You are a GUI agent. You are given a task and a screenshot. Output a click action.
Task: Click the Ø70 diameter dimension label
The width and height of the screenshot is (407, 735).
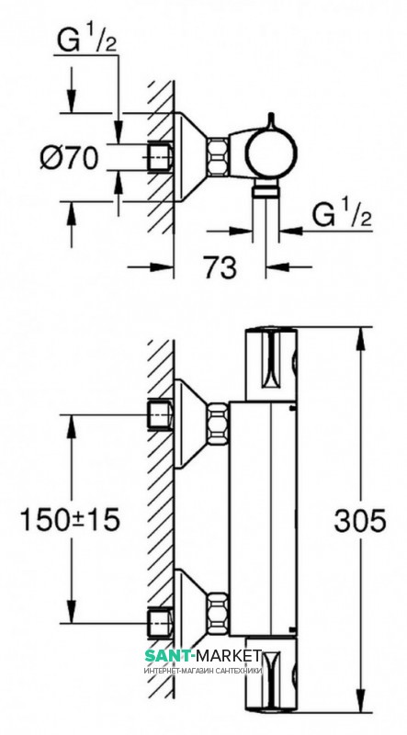click(x=69, y=157)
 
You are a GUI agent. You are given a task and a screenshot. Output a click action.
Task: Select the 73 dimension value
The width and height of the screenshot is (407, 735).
click(x=220, y=267)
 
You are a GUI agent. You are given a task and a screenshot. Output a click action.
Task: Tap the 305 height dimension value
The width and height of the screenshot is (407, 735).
click(x=360, y=520)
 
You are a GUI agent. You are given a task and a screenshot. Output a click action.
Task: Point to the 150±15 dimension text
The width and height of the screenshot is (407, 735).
click(x=70, y=520)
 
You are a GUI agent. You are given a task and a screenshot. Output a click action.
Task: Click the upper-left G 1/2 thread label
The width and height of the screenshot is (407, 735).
click(x=86, y=40)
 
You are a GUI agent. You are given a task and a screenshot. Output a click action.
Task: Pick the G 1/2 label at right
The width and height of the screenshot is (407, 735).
click(x=343, y=216)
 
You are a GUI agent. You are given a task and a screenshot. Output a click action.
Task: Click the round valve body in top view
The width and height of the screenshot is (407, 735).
click(x=271, y=153)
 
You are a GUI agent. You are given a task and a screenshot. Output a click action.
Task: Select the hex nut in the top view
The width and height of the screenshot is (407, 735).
click(x=218, y=157)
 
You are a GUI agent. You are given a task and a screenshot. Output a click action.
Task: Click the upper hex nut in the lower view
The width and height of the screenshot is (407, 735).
click(x=218, y=424)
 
